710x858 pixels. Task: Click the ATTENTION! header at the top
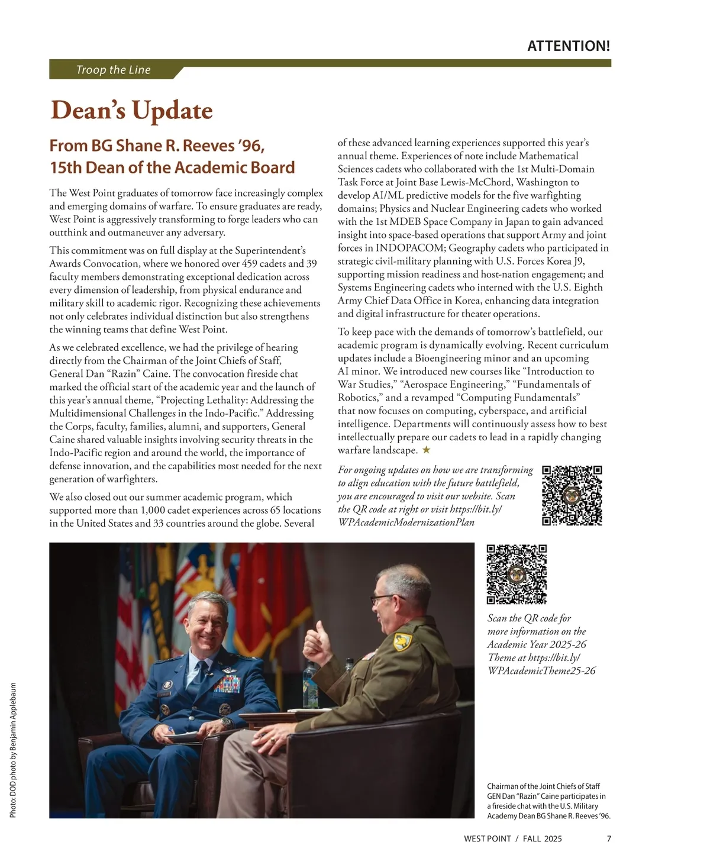pos(568,46)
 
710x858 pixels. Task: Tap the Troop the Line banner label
pos(113,70)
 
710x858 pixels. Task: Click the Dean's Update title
pos(131,111)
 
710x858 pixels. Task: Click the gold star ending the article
pos(426,450)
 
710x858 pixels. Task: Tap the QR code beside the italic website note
pos(572,496)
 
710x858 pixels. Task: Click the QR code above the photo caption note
pos(517,574)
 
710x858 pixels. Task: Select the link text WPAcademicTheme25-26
pos(541,670)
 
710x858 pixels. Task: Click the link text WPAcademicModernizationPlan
pos(406,522)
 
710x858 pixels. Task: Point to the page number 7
pos(609,838)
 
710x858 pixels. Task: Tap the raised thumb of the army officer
pos(320,628)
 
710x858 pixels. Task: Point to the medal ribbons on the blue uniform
pos(228,685)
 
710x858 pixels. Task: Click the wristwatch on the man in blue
pos(225,722)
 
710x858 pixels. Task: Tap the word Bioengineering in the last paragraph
pos(448,358)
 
